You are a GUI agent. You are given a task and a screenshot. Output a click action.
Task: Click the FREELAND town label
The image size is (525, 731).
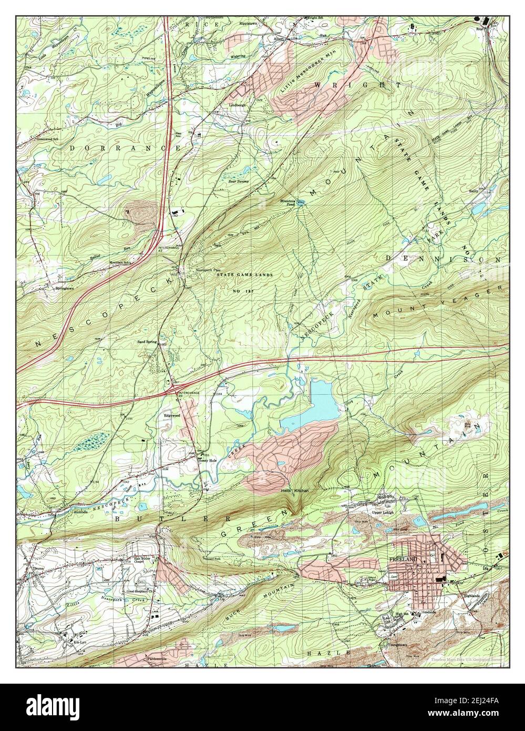[403, 559]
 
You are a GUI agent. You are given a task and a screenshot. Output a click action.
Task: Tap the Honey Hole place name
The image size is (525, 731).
[207, 460]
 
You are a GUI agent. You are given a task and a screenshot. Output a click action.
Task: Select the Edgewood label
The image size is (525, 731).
[171, 415]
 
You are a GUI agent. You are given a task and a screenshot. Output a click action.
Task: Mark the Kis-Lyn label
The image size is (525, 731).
[79, 643]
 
